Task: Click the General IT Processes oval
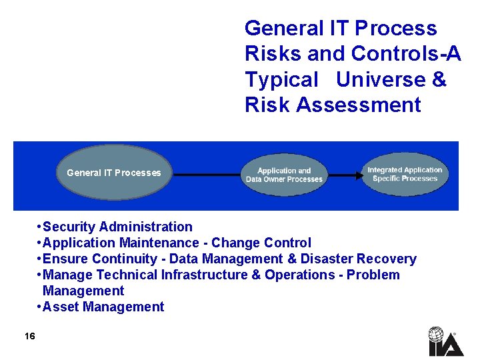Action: pos(114,173)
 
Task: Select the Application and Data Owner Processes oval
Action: pos(284,175)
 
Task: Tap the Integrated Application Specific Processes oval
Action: pos(405,174)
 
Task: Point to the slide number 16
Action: pos(29,336)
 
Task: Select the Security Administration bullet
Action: pos(117,227)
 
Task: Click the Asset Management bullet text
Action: pos(103,307)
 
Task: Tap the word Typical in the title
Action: pos(282,79)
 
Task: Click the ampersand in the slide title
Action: pos(439,79)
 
